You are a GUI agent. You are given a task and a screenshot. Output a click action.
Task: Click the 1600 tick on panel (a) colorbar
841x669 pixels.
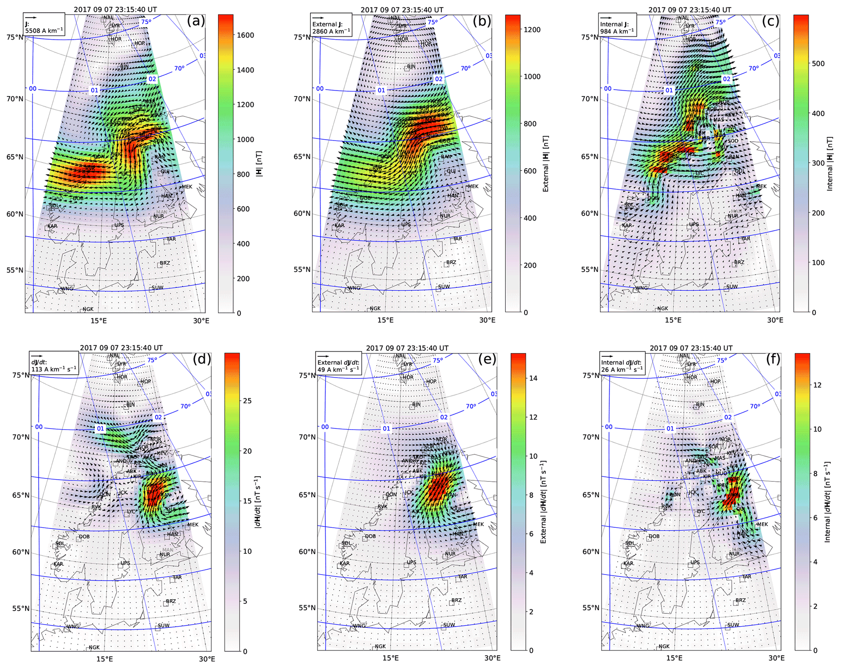[x=245, y=35]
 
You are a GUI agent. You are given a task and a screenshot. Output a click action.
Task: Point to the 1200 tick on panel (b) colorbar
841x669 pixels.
[x=532, y=30]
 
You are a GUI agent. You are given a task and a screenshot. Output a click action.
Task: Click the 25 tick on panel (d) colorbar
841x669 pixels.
[x=247, y=401]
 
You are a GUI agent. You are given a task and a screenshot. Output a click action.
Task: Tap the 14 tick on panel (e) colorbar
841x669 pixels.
[x=533, y=378]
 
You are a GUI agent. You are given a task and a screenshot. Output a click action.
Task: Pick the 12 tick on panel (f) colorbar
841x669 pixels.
[x=817, y=385]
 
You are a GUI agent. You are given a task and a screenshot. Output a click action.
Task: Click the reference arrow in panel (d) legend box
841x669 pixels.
[x=37, y=356]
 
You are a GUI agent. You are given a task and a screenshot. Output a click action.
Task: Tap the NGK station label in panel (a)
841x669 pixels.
[x=88, y=309]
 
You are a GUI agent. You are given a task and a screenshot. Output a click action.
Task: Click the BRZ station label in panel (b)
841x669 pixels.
[x=451, y=262]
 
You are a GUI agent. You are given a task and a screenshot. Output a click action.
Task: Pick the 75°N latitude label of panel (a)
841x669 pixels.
[x=15, y=37]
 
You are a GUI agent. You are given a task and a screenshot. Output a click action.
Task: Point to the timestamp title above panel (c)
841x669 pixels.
[x=690, y=10]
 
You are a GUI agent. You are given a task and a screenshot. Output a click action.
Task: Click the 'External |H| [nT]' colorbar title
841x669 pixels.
[x=546, y=164]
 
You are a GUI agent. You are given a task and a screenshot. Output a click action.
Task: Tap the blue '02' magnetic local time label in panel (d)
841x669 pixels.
[x=158, y=417]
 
